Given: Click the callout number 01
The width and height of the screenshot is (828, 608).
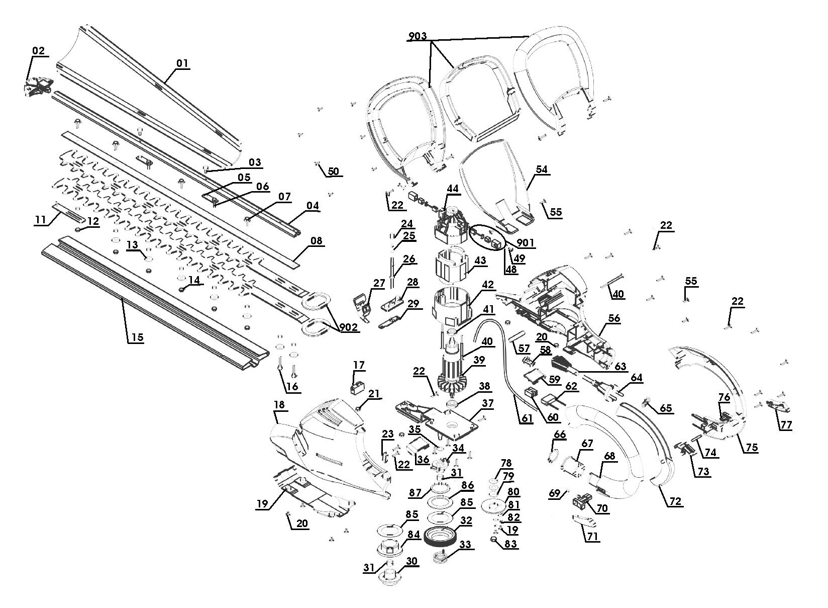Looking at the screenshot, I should tap(181, 64).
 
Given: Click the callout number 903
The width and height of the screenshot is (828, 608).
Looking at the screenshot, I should tap(418, 36).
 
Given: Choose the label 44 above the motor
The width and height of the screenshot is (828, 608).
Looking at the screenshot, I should tap(453, 189).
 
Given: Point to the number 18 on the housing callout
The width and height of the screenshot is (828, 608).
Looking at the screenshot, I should tap(280, 404).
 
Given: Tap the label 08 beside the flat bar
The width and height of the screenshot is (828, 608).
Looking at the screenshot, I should tap(316, 241).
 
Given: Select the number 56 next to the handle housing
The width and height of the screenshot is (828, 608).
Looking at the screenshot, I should tap(614, 318).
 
